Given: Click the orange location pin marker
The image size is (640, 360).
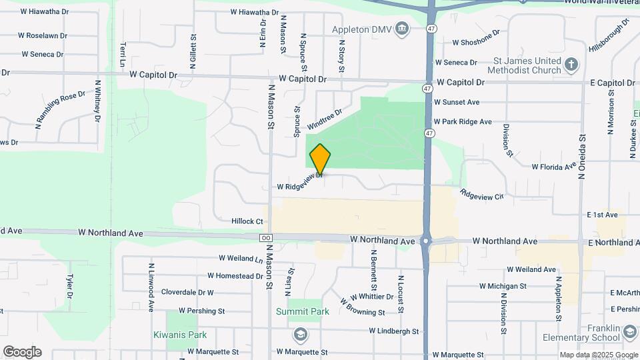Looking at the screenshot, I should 320,159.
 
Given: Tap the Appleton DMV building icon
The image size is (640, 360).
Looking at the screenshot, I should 402,29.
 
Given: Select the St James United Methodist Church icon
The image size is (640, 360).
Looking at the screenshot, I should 570,65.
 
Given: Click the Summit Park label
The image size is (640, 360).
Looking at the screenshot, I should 303,311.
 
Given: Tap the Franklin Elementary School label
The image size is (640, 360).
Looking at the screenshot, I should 590,333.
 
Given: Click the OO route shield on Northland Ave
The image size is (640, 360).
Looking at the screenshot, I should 266,238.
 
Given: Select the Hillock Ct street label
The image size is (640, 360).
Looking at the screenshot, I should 247,221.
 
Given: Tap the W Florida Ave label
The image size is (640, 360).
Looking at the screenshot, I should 553,166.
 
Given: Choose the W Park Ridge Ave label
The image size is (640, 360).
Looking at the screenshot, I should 462,122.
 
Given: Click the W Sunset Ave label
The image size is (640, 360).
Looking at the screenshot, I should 457,102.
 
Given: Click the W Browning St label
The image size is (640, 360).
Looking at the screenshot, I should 363,307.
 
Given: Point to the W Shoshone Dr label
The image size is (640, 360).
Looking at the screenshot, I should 476,39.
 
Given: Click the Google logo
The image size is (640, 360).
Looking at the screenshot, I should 22,352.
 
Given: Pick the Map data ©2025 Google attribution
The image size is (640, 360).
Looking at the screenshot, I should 597,355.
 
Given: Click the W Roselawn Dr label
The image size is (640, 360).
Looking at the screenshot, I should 43,35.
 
